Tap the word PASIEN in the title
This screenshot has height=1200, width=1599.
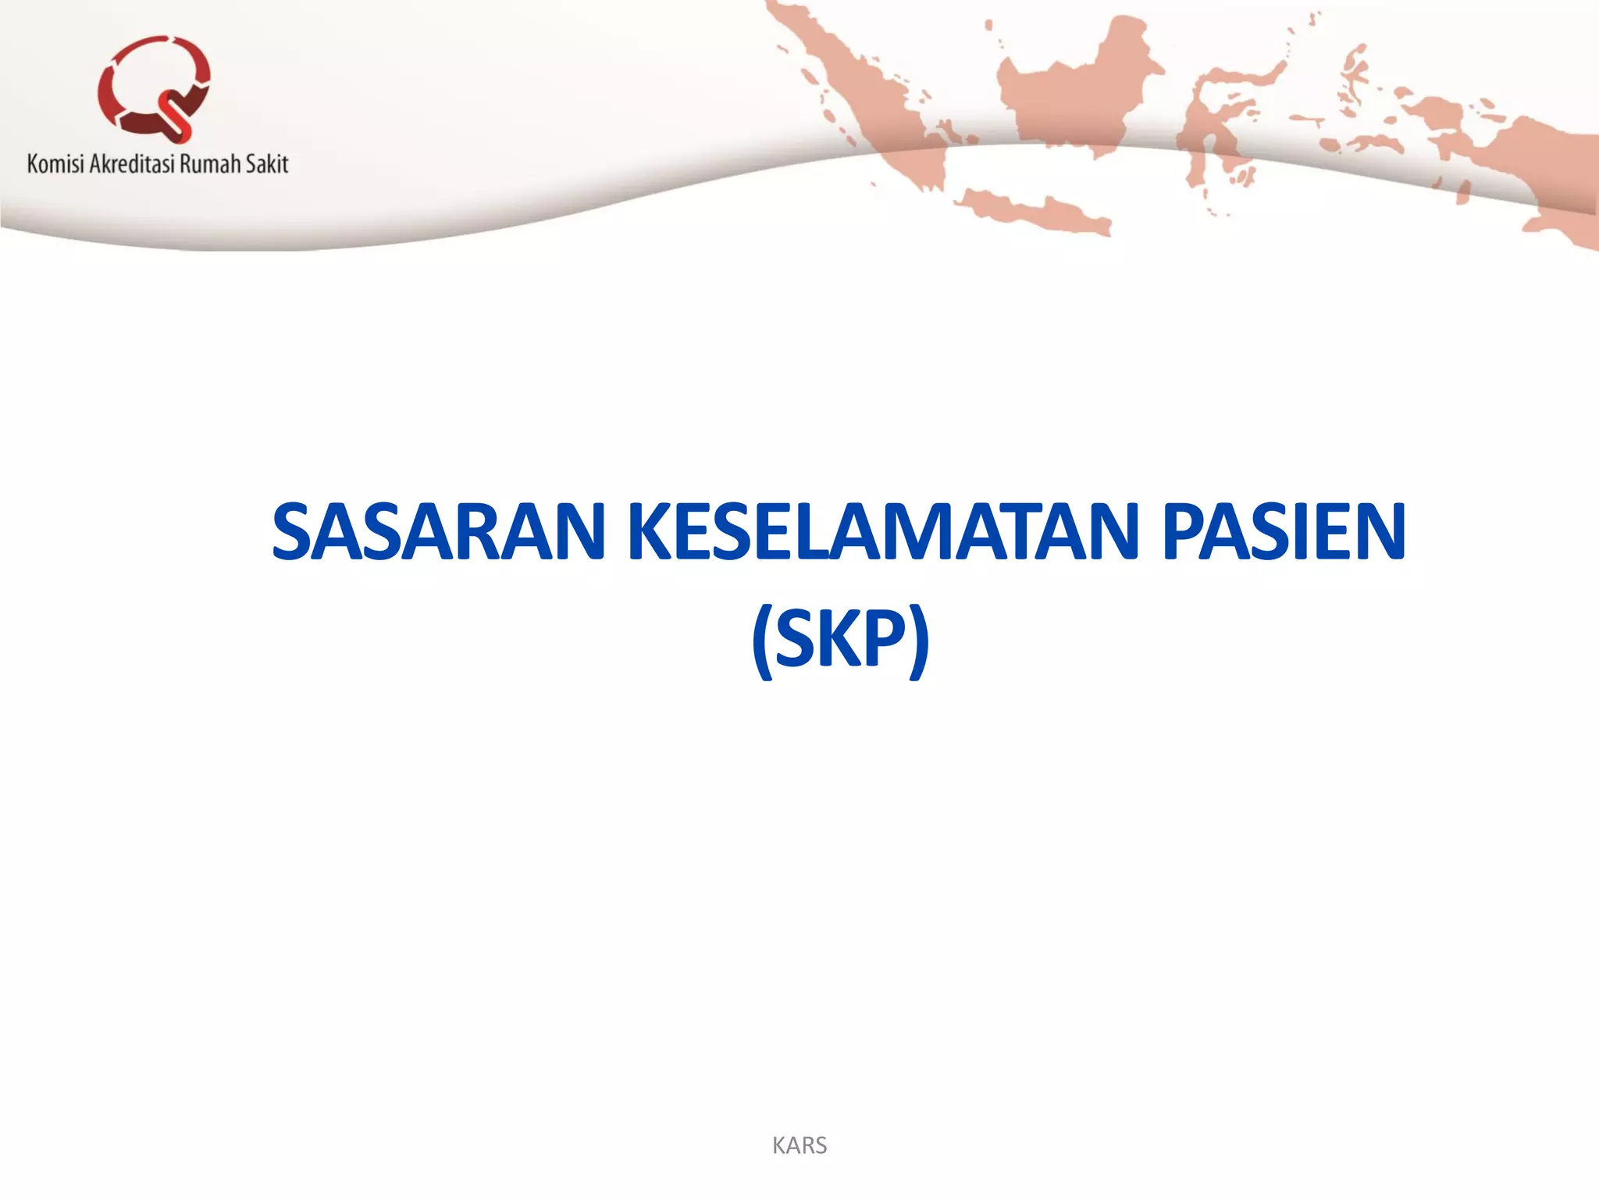coord(1284,533)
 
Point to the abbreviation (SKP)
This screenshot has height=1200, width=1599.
coord(840,639)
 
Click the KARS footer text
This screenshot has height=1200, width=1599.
coord(799,1145)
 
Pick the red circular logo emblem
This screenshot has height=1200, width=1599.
coord(154,87)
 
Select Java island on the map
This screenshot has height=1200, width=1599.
coord(1031,209)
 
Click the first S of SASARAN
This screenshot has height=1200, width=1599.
coord(292,533)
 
